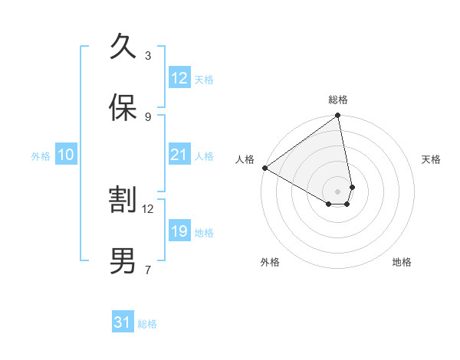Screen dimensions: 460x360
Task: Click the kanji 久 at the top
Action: [123, 47]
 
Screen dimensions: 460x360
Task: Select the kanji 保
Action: [123, 108]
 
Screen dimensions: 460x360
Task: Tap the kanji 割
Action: [123, 200]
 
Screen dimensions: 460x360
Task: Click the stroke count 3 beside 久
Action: [148, 56]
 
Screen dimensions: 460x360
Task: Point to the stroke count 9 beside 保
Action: [148, 117]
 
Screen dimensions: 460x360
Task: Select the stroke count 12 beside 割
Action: [148, 208]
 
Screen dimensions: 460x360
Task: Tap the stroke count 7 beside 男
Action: [148, 270]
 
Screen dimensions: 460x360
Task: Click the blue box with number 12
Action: [179, 78]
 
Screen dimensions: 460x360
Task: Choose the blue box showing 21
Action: [179, 155]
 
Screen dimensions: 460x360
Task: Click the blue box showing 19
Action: [179, 231]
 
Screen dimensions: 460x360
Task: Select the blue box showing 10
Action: [66, 155]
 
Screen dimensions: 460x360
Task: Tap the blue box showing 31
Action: [123, 323]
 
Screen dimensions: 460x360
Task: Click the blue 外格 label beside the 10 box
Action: [41, 155]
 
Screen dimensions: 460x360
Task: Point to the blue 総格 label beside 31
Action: [147, 324]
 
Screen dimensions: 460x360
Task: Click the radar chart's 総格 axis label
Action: [337, 100]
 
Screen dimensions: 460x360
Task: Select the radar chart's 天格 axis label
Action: [432, 159]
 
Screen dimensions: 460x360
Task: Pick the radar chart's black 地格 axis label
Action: [402, 262]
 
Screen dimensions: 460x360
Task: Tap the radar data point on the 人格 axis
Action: [264, 168]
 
